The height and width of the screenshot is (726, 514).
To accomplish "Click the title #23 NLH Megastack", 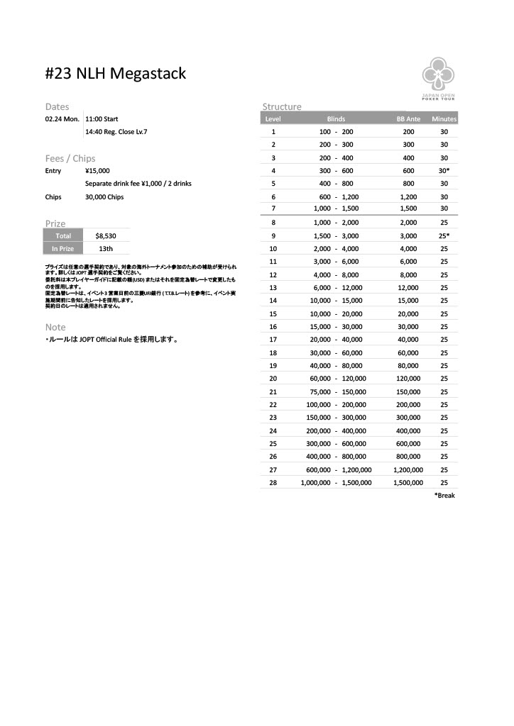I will point(116,73).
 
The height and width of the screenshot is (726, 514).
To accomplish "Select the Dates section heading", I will point(57,106).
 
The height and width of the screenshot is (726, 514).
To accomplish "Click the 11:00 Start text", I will point(102,119).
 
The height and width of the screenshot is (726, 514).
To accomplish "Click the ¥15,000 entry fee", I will point(97,171).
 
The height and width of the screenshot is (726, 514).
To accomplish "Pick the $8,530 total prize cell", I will point(106,235).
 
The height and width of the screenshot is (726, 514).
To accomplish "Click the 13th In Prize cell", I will point(106,249).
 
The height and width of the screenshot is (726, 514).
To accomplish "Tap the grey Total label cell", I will point(63,235).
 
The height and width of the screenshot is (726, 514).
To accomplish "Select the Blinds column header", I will point(336,119).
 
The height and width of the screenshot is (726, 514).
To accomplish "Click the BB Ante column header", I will point(409,119).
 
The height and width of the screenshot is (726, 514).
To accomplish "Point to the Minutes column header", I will point(444,119).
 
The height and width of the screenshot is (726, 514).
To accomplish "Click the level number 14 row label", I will point(273,301).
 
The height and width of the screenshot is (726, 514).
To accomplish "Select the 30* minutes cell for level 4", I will point(444,171).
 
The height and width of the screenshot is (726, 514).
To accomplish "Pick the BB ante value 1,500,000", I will point(408,482).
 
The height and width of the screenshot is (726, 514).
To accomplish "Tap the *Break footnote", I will point(444,496).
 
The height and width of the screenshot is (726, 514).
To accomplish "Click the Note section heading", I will point(55,327).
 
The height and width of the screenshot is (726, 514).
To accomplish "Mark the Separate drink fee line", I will point(138,184).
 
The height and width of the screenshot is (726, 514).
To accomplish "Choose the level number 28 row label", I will point(273,482).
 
